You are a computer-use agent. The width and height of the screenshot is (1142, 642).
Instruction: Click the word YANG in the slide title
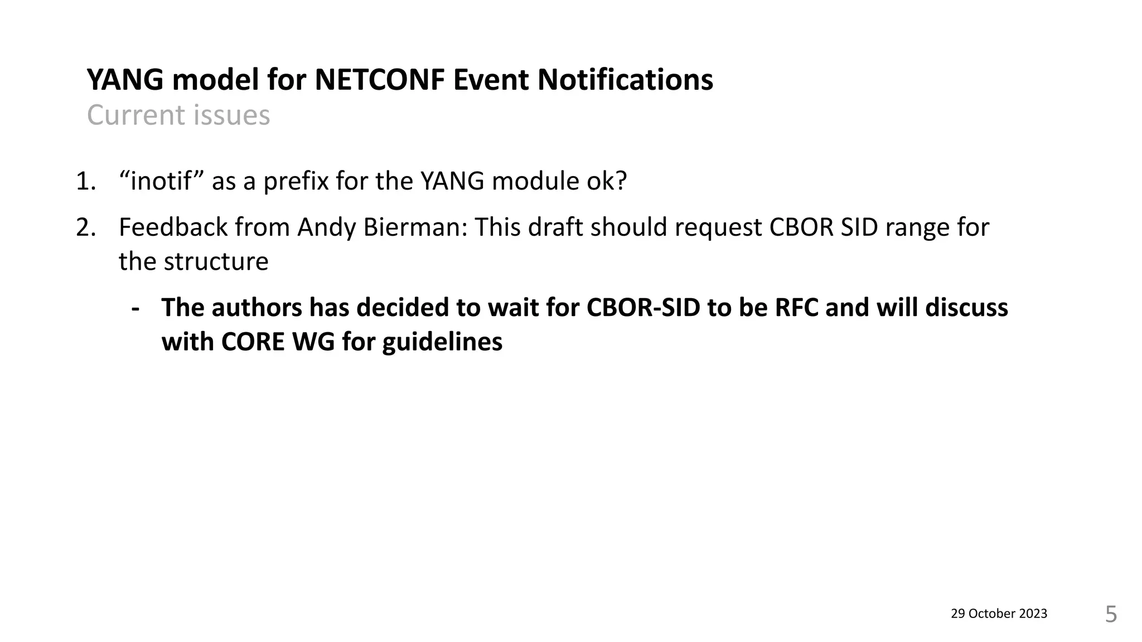click(125, 80)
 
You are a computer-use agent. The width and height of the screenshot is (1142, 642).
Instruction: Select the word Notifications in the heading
click(625, 80)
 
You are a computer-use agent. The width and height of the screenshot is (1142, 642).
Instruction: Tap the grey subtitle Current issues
click(178, 115)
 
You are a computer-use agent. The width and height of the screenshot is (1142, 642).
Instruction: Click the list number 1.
click(85, 181)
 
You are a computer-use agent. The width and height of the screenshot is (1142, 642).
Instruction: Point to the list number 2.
click(85, 227)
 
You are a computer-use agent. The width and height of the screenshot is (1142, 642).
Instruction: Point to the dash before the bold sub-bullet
click(135, 308)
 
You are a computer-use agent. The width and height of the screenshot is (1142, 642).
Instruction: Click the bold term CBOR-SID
click(643, 308)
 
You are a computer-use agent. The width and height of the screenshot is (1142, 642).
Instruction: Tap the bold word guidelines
click(442, 342)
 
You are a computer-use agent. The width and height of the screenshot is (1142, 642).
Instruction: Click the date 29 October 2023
click(999, 614)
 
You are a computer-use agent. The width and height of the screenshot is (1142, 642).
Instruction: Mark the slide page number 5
click(1111, 614)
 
